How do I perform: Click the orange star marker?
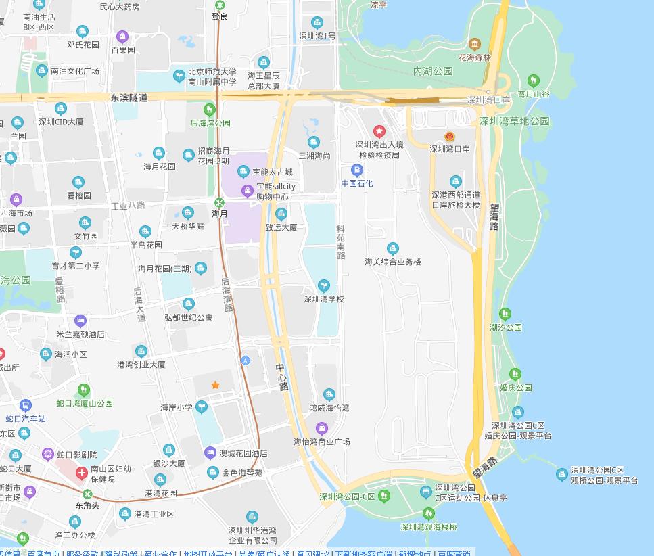[215, 385]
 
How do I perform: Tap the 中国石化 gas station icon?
[357, 170]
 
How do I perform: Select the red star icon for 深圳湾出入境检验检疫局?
[379, 131]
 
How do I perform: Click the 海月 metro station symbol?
[219, 202]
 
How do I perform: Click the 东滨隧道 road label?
[129, 98]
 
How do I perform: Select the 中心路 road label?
[283, 377]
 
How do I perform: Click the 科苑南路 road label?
[341, 242]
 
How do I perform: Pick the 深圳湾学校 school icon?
[324, 285]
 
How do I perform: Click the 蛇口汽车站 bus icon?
[26, 406]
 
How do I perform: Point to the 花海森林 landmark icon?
[475, 45]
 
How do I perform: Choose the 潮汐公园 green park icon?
[505, 314]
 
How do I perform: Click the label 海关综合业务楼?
[392, 262]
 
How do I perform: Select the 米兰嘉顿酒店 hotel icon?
[80, 321]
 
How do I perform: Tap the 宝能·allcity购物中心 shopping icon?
[248, 191]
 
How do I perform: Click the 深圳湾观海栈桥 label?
[428, 527]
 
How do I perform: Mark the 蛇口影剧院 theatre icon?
[47, 454]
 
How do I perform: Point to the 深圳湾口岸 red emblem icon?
[450, 136]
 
